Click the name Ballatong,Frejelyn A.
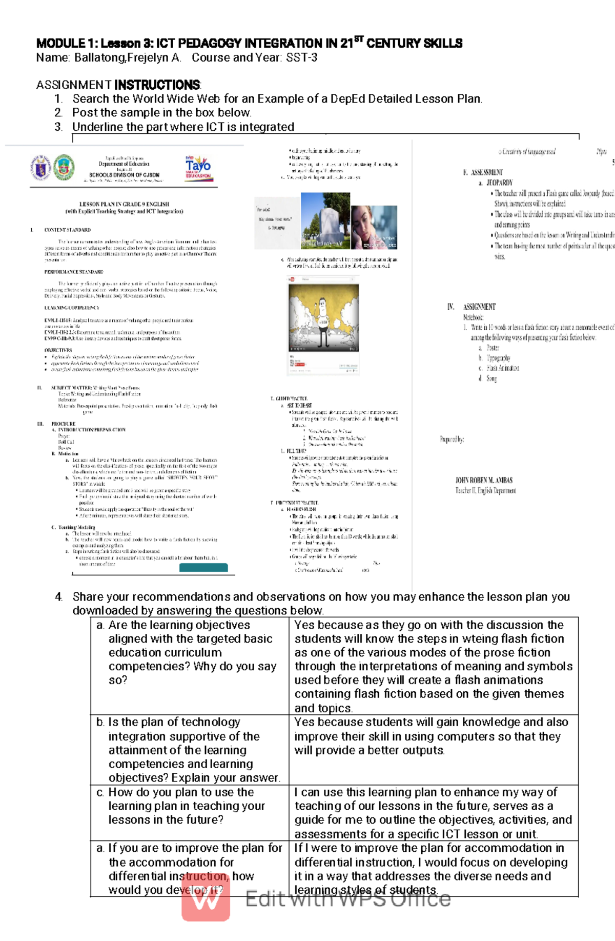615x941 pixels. pos(128,58)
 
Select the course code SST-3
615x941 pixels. pos(302,58)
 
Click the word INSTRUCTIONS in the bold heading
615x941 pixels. pos(157,85)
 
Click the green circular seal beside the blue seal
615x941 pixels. pos(64,167)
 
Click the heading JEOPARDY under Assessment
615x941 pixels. pos(499,183)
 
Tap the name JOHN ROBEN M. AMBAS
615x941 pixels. pos(484,480)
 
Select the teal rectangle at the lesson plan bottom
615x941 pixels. pos(203,567)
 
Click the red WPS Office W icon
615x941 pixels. pos(206,897)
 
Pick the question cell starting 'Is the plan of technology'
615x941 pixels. pos(190,749)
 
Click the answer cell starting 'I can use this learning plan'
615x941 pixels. pos(433,812)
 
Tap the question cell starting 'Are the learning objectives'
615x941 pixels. pos(190,652)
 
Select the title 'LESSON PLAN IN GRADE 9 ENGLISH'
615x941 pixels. pos(124,204)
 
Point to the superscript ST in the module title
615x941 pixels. pos(359,39)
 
